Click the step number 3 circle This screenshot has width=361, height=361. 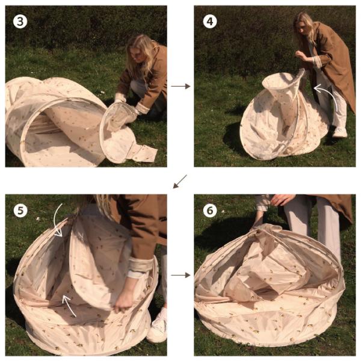pos(20,22)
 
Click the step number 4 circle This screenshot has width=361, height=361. pos(210,22)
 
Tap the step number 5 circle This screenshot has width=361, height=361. pos(20,211)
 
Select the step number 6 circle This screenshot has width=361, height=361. pos(210,211)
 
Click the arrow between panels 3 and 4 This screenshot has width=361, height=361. pos(180,86)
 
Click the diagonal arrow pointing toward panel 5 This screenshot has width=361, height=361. pos(180,182)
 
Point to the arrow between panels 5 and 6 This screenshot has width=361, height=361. pos(180,275)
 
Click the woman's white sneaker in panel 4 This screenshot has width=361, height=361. pos(340,132)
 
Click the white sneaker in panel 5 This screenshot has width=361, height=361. pos(157,326)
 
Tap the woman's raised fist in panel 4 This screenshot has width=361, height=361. pos(300,55)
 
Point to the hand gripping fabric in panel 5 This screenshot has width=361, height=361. pos(124,300)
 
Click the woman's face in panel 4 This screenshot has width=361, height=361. pos(302,28)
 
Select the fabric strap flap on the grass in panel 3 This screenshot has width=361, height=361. pos(143,152)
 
